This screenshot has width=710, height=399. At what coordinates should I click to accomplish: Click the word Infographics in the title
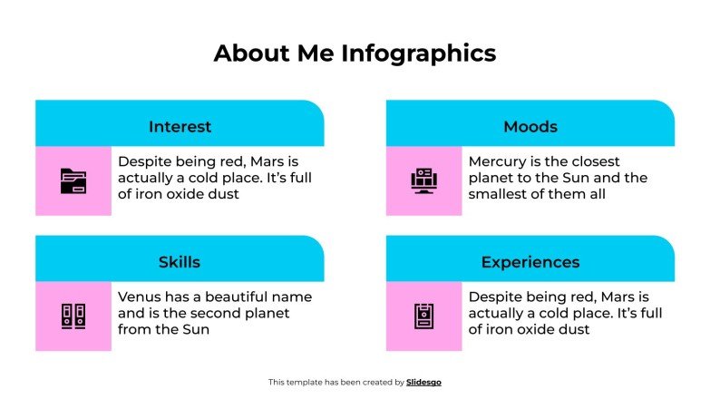[419, 54]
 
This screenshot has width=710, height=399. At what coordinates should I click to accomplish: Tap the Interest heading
[180, 126]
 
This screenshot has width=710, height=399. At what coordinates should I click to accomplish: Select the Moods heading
[530, 126]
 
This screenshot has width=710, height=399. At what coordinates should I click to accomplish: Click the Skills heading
[180, 262]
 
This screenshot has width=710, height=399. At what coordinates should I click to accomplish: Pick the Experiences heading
[530, 262]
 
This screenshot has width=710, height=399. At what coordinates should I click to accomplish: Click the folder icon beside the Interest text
[73, 180]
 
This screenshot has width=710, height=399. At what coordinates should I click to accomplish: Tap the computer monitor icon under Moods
[423, 180]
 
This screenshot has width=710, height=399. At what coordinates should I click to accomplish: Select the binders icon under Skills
[73, 316]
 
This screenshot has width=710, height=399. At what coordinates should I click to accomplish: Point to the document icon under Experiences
[423, 316]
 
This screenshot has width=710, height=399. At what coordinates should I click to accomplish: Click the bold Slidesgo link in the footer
[423, 383]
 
